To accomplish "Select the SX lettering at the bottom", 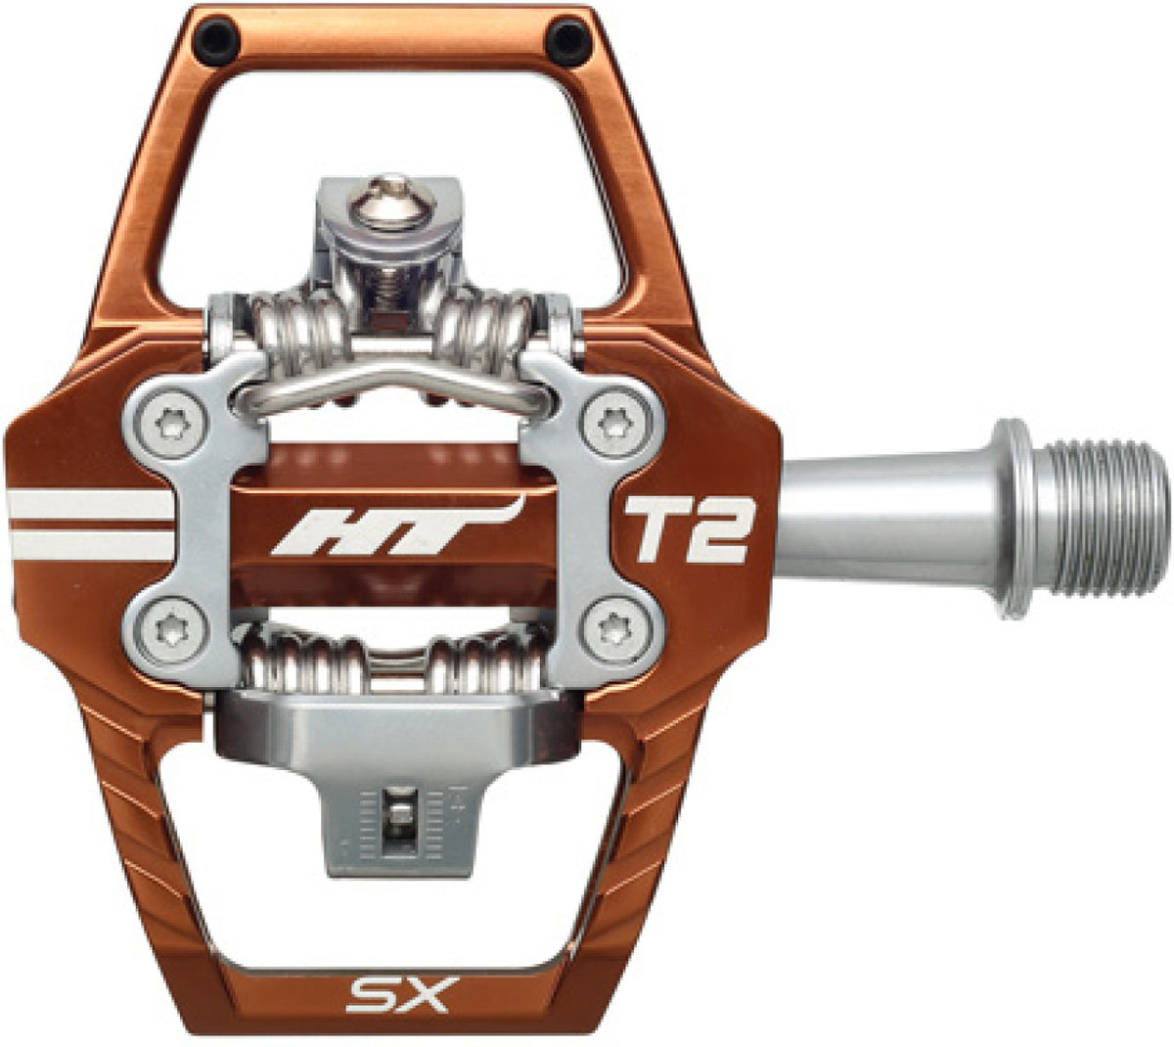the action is pyautogui.click(x=398, y=993).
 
